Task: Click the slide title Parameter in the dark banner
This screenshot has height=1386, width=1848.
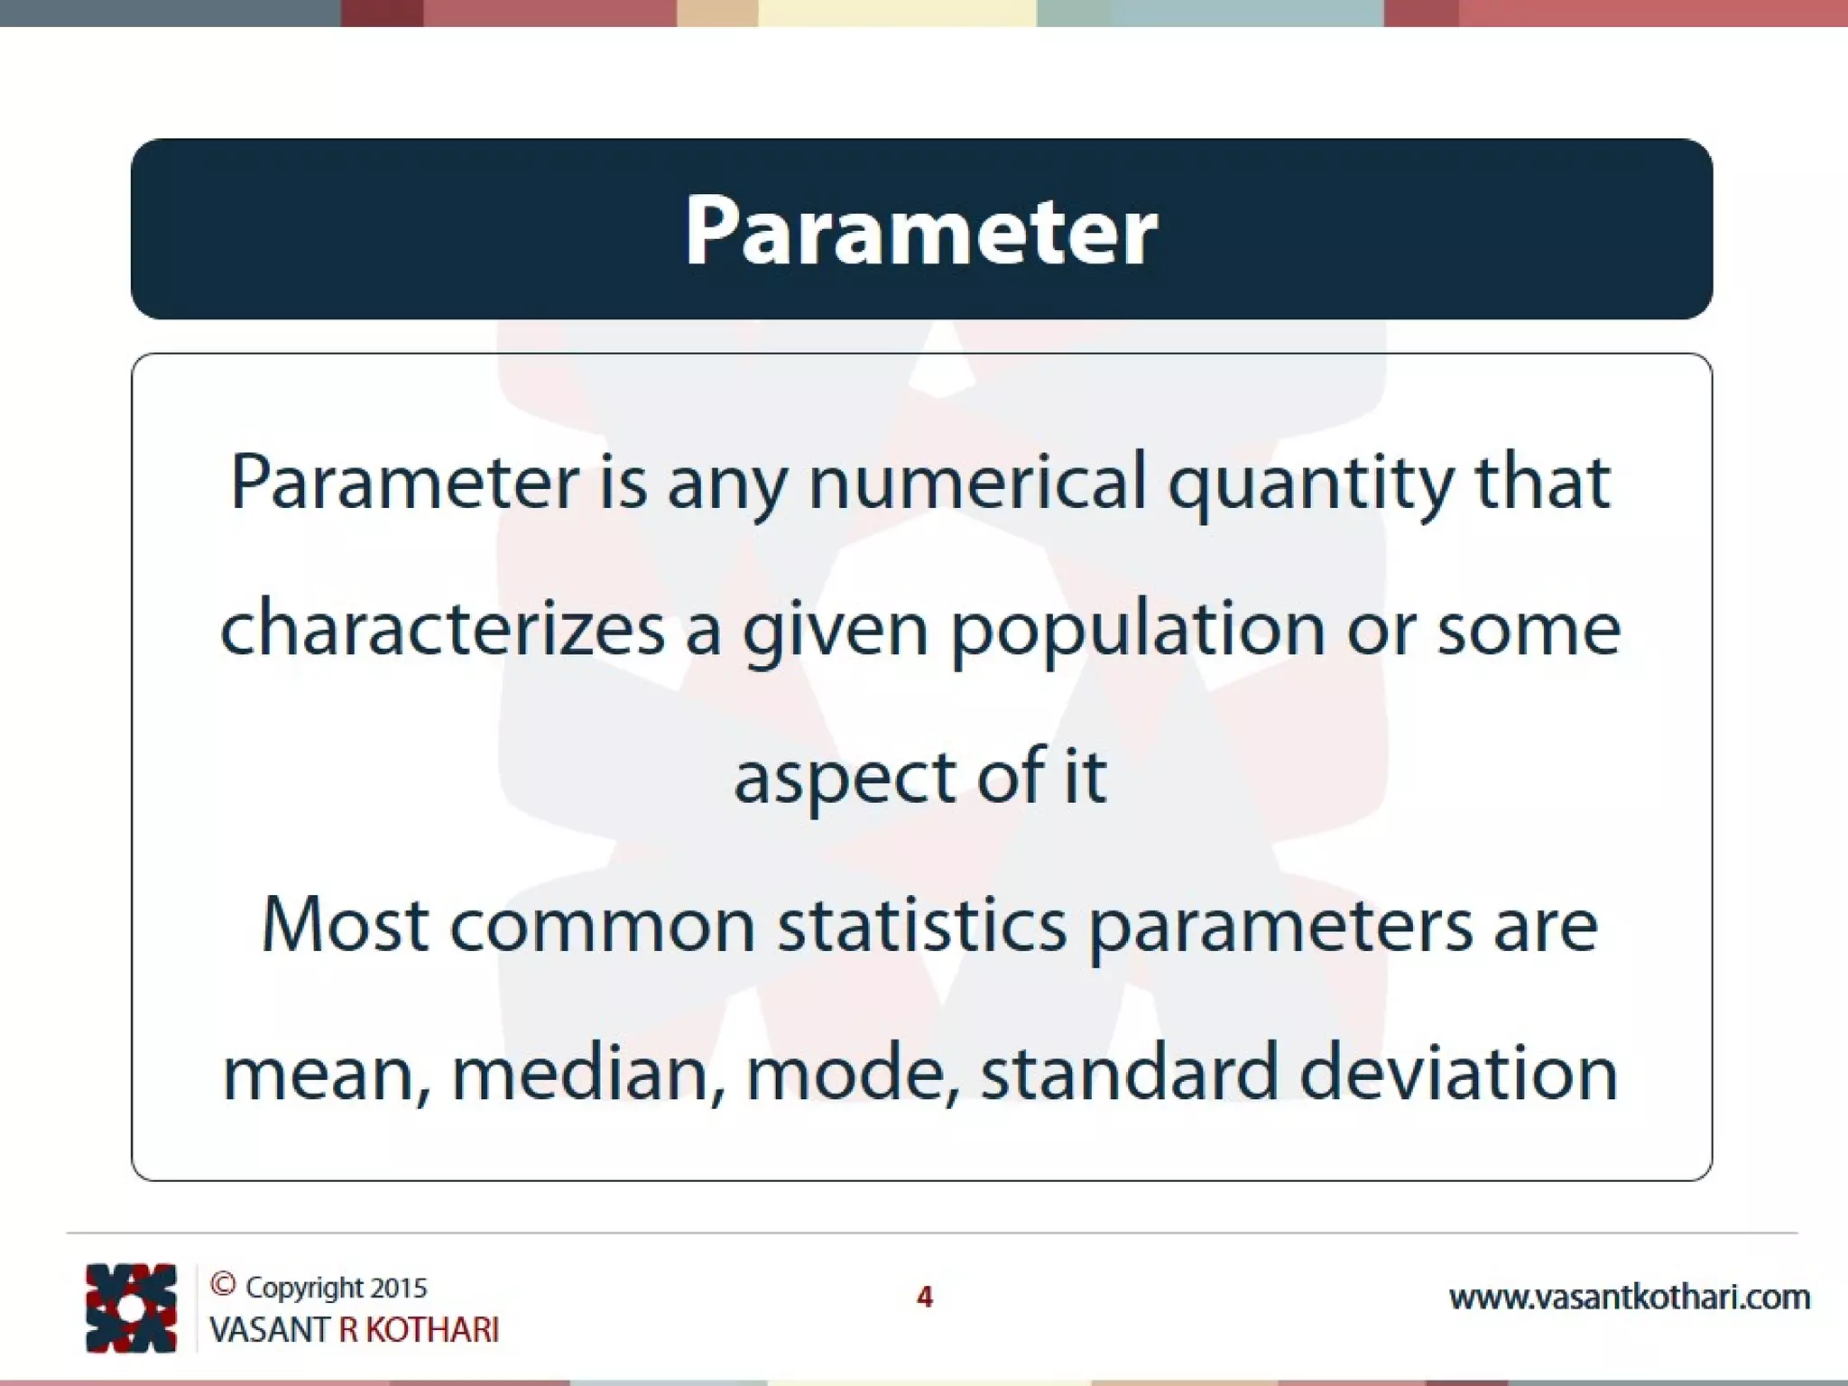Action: click(x=920, y=231)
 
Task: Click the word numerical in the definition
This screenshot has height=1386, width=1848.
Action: click(x=977, y=482)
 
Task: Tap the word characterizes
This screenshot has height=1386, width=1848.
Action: click(x=442, y=629)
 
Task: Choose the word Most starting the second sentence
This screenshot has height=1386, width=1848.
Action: click(x=345, y=926)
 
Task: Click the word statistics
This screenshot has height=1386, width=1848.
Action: click(x=922, y=926)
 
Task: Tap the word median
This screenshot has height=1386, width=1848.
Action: click(x=587, y=1074)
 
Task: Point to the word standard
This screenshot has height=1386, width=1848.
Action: click(x=1129, y=1074)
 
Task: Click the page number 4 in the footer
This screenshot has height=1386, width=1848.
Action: click(x=924, y=1297)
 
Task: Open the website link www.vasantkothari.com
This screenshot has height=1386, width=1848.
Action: click(x=1629, y=1298)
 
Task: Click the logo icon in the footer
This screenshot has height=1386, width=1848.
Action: click(x=131, y=1308)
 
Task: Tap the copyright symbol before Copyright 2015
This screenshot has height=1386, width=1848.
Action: click(x=223, y=1285)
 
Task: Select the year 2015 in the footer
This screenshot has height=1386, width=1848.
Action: click(x=398, y=1288)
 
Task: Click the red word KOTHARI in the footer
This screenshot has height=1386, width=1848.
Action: click(x=431, y=1330)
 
